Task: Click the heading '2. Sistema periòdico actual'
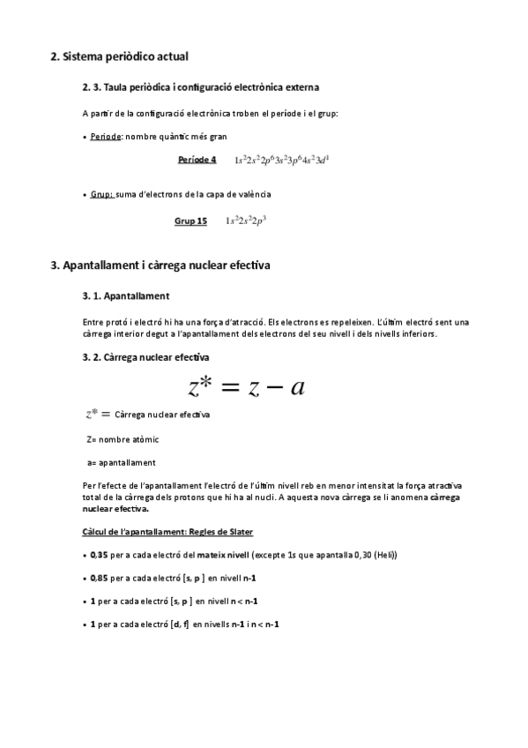click(119, 57)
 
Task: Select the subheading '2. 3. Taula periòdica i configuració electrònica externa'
click(200, 88)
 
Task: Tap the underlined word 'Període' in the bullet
click(107, 139)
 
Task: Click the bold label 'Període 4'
click(197, 160)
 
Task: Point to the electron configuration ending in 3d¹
click(286, 160)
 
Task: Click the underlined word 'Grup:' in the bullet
click(102, 193)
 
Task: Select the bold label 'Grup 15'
click(190, 221)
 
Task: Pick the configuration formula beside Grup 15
click(246, 221)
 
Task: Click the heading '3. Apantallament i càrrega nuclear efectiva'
click(160, 265)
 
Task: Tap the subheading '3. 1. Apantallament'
click(125, 295)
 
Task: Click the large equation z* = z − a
click(246, 386)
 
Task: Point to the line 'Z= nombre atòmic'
click(123, 438)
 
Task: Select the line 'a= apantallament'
click(122, 461)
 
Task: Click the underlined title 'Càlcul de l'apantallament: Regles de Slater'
click(167, 532)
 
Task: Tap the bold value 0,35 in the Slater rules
click(99, 555)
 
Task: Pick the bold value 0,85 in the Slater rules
click(99, 578)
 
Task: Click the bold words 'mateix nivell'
click(222, 555)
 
